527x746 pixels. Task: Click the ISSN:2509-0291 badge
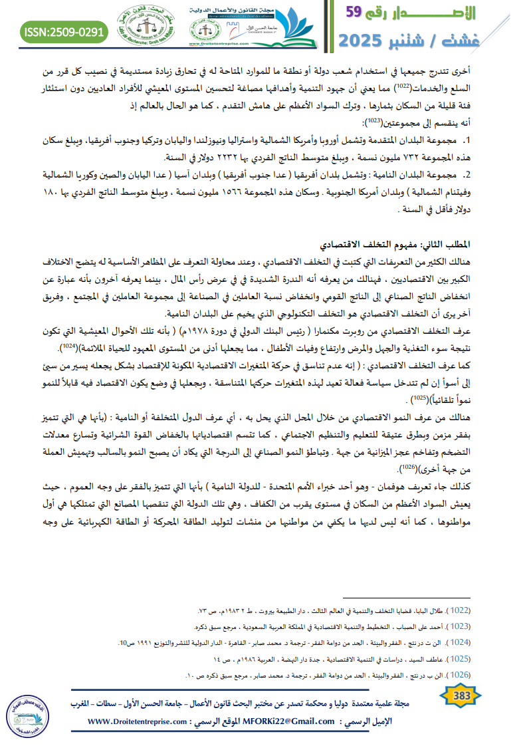pos(64,32)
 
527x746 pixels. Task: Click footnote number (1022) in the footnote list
pos(459,610)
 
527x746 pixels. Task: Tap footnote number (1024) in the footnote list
pos(459,642)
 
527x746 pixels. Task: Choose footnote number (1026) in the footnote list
pos(459,674)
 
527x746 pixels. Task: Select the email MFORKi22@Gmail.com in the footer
pos(289,721)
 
